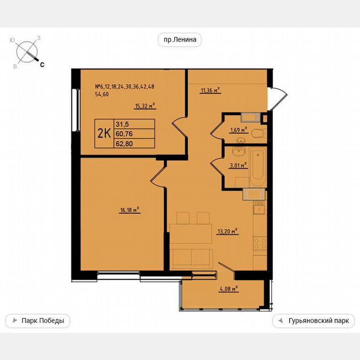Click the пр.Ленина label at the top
coord(180,40)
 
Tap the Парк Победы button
coord(37,321)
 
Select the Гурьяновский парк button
coord(313,321)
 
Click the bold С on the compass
coord(42,65)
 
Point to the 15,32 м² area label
coord(145,106)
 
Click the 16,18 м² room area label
coord(130,211)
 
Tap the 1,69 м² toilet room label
coord(238,130)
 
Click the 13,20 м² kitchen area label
coord(227,231)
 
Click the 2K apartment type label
coord(104,133)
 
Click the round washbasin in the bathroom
coord(239,151)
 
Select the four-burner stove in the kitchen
coord(260,243)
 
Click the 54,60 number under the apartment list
coord(102,94)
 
